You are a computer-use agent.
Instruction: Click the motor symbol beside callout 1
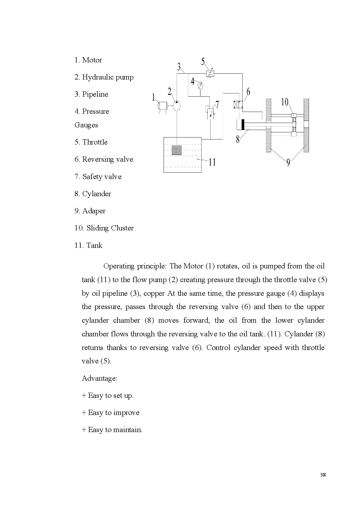[163, 106]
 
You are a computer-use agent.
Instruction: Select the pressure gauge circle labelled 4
[200, 85]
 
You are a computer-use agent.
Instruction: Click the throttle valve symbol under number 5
[210, 73]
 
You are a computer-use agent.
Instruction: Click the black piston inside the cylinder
[243, 124]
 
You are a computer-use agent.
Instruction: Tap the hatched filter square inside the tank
[177, 150]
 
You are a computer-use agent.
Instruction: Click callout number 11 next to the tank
[212, 162]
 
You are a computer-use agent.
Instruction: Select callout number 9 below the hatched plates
[288, 163]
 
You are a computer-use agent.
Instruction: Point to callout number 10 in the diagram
[285, 102]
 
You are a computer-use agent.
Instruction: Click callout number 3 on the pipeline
[179, 67]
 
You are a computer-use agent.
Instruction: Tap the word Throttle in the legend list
[95, 142]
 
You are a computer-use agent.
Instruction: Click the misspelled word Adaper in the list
[94, 211]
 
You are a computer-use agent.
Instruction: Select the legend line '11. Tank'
[88, 246]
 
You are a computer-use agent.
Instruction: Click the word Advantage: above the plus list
[100, 378]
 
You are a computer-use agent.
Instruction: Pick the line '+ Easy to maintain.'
[112, 430]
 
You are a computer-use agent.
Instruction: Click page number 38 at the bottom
[323, 475]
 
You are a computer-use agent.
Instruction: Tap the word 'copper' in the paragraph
[154, 293]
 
